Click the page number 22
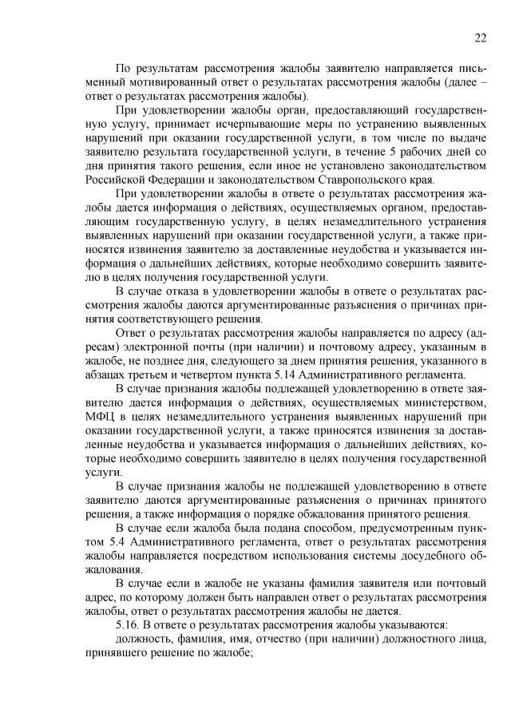[x=479, y=37]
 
